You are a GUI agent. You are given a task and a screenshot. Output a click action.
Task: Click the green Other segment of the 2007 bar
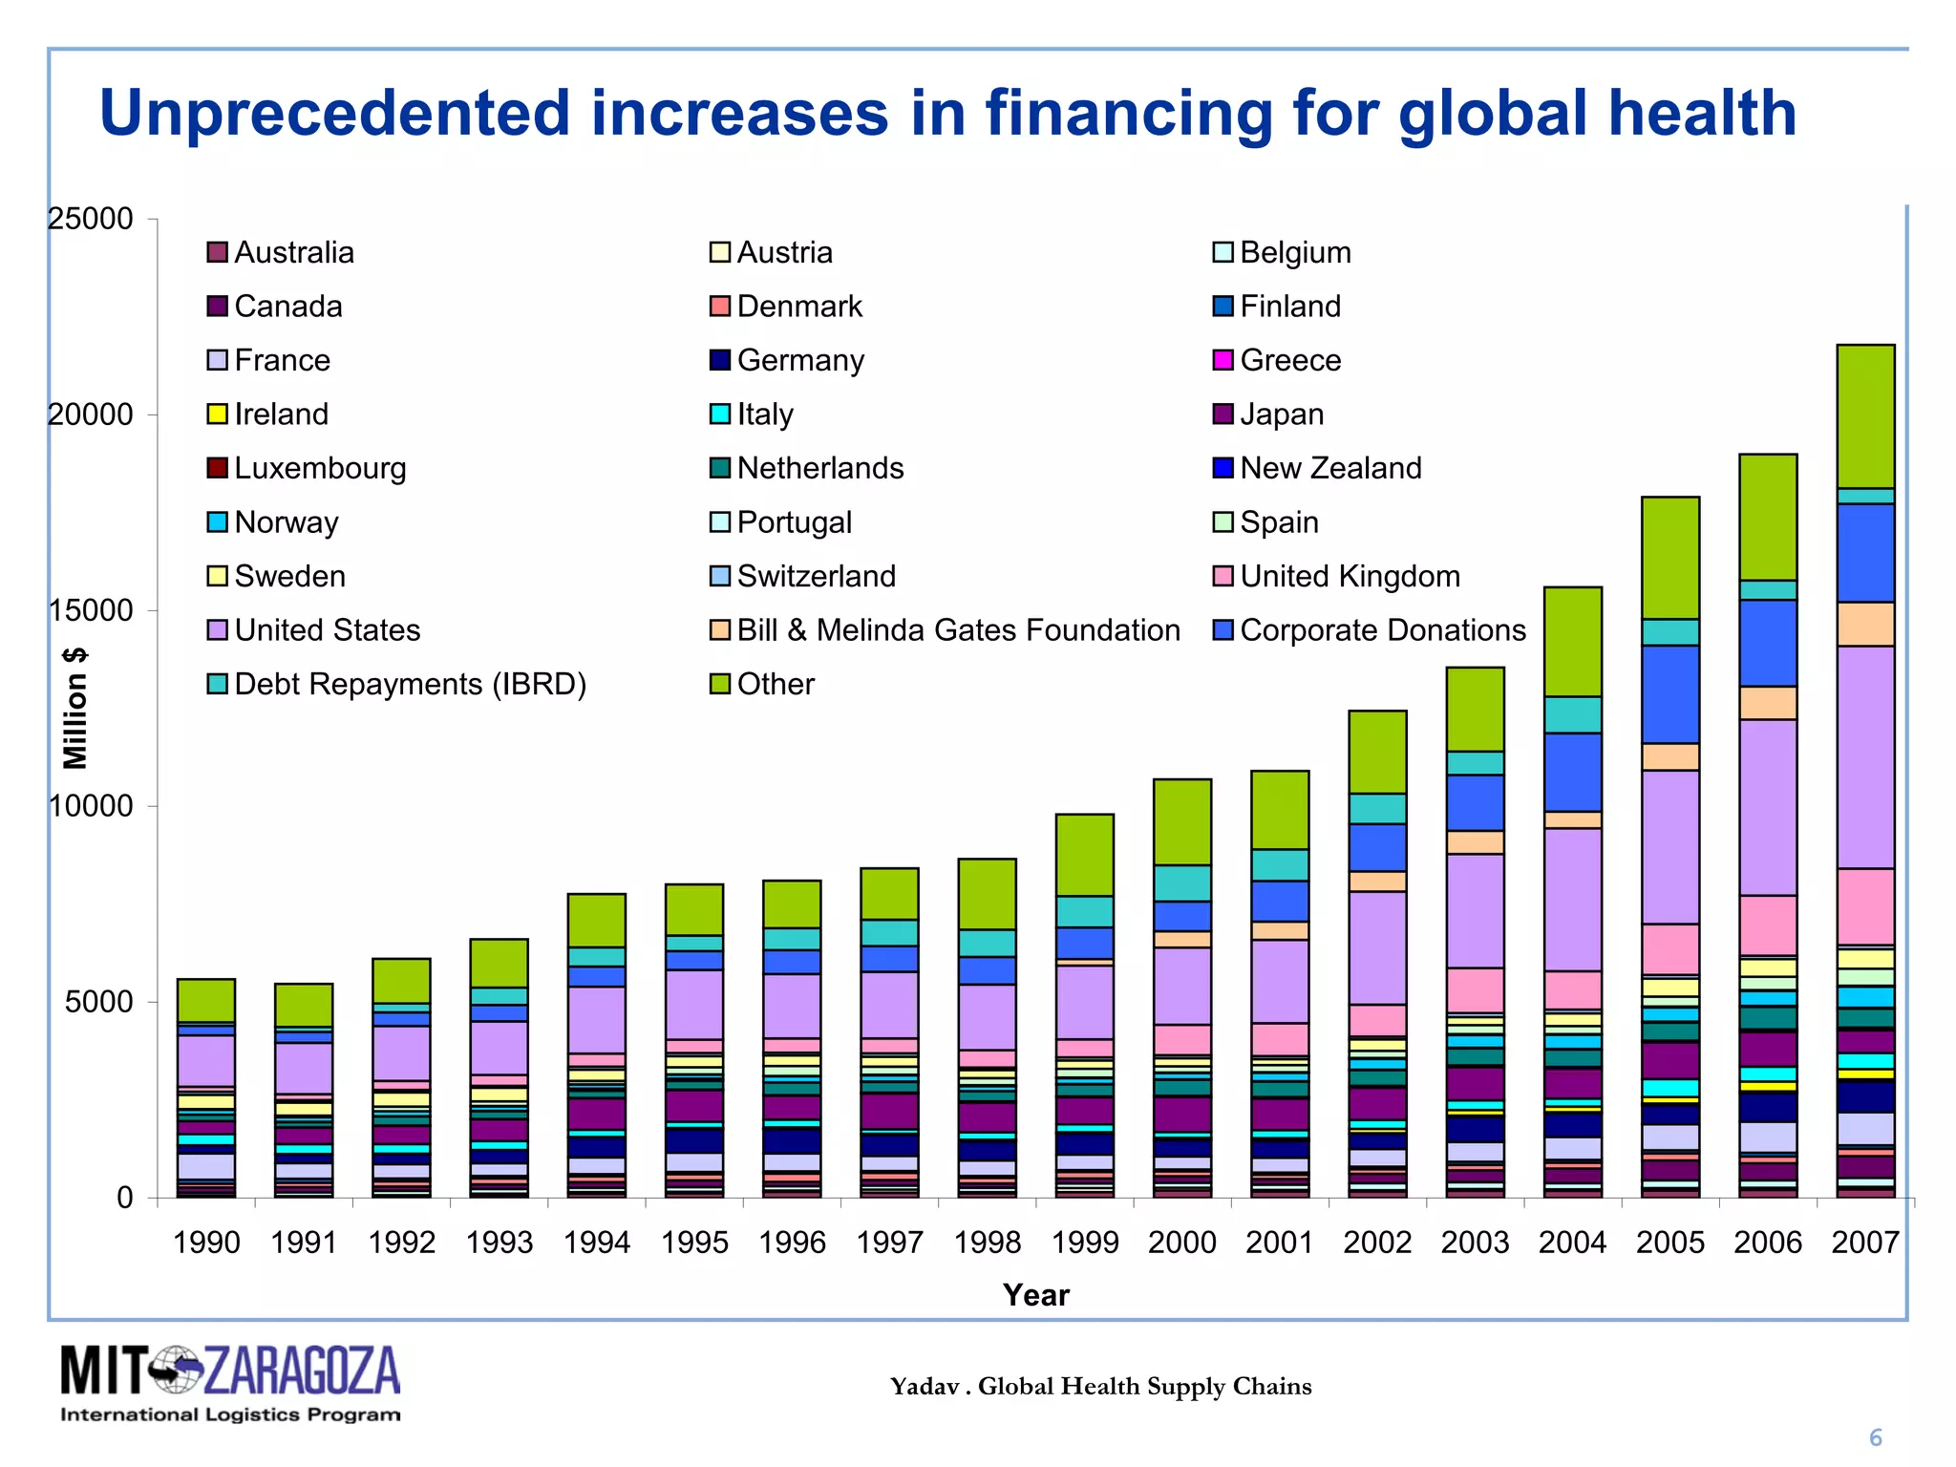[x=1865, y=416]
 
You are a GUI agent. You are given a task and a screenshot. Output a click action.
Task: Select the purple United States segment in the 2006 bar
[x=1768, y=807]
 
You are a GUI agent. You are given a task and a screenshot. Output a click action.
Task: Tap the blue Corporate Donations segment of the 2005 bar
[x=1670, y=694]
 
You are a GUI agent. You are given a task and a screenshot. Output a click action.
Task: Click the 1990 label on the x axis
[x=206, y=1243]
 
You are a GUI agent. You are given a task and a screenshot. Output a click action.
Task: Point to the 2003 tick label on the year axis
[x=1475, y=1243]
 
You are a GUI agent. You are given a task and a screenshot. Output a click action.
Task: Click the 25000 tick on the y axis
[x=92, y=219]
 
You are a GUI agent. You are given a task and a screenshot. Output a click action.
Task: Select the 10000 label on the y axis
[x=92, y=806]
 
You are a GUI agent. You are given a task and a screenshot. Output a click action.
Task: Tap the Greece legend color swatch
[x=1223, y=361]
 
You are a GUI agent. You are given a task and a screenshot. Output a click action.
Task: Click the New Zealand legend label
[x=1330, y=469]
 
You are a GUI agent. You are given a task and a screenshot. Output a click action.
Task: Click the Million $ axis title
[x=75, y=708]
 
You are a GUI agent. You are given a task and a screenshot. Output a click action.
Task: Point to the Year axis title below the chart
[x=1035, y=1295]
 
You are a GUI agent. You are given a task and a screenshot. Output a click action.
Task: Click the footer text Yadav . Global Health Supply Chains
[x=1100, y=1386]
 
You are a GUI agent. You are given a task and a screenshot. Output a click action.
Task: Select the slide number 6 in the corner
[x=1875, y=1437]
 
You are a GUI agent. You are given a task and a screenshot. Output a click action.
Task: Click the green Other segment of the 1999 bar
[x=1084, y=855]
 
